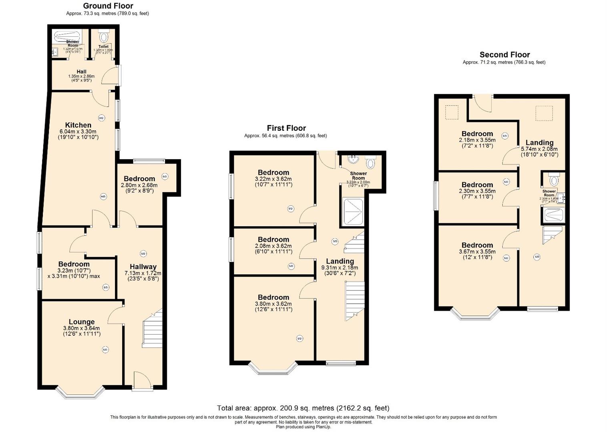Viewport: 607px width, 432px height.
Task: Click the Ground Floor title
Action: coord(108,6)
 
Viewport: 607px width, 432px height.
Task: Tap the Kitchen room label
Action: coord(78,125)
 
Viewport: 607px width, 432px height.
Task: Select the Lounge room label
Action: coord(82,322)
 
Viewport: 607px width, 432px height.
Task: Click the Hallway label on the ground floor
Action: coord(143,267)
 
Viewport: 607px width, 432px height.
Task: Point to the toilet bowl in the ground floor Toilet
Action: coord(104,37)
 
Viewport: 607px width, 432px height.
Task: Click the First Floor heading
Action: coord(286,128)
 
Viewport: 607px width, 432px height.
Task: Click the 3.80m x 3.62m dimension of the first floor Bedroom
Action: coord(273,304)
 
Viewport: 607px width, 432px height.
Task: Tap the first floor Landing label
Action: coord(340,261)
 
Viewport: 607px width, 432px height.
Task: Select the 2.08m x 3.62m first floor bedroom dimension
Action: coord(273,246)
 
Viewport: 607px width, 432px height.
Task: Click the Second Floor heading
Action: coord(504,55)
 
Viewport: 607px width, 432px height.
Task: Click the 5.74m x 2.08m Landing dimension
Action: coord(539,149)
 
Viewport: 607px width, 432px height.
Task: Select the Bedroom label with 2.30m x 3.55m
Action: coord(477,185)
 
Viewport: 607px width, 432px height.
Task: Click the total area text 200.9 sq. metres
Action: coord(303,408)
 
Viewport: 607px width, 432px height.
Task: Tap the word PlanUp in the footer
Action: coord(323,427)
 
